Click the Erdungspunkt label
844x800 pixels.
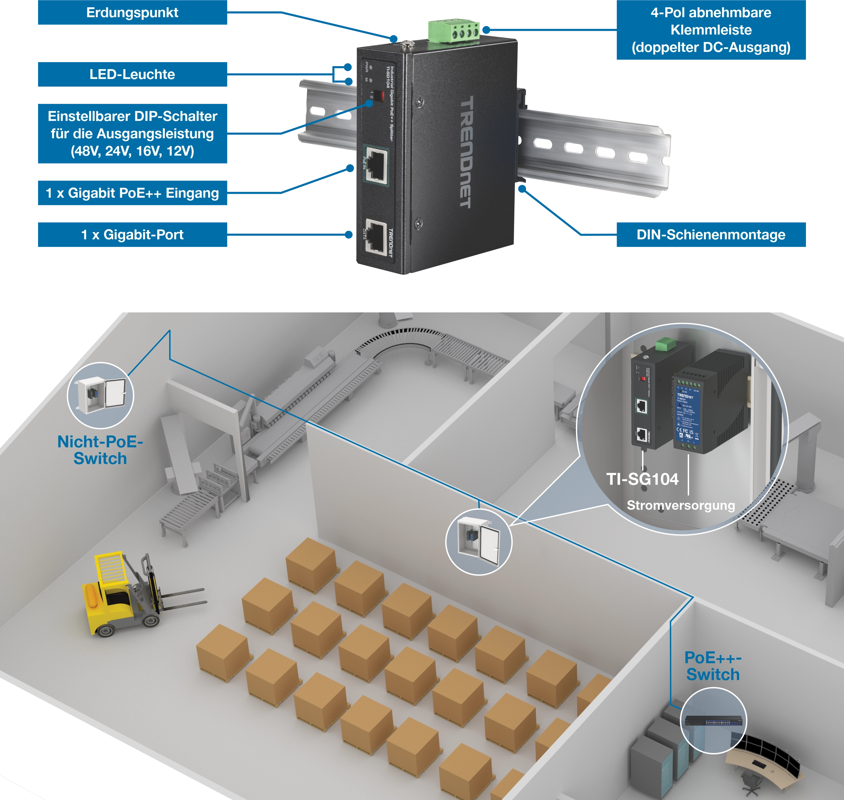[x=132, y=13]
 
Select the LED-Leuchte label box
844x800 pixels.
[x=132, y=75]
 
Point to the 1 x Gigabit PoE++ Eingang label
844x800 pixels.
[x=132, y=193]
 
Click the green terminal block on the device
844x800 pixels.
[x=454, y=31]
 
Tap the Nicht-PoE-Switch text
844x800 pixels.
[x=100, y=450]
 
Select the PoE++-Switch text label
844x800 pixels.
[x=713, y=666]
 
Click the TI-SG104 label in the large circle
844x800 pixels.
[x=642, y=479]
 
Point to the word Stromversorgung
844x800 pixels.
[x=680, y=505]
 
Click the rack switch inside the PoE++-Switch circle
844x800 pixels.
[x=713, y=721]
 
